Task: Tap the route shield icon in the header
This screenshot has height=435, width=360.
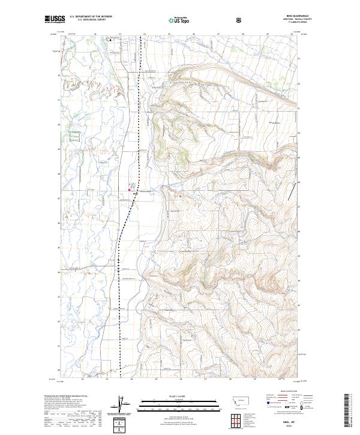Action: (x=239, y=20)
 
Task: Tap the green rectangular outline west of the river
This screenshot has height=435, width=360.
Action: (x=74, y=136)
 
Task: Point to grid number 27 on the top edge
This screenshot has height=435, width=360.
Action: (x=218, y=34)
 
